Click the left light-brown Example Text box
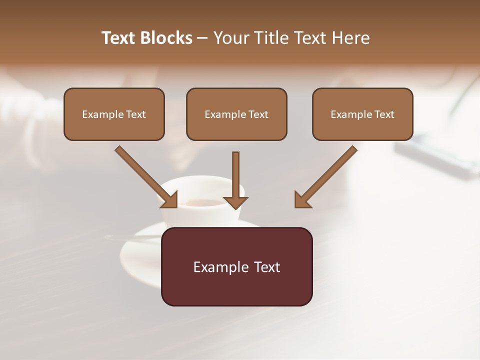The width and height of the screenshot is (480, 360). (x=114, y=114)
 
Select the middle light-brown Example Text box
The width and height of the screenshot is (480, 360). (x=236, y=114)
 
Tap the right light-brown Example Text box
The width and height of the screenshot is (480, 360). (x=362, y=114)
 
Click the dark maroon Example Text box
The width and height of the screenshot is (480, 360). (x=236, y=266)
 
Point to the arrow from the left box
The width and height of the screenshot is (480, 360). (x=144, y=175)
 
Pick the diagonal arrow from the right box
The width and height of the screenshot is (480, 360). (x=327, y=175)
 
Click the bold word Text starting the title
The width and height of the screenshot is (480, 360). (x=119, y=38)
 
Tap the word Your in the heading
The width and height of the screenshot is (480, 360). (x=231, y=38)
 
